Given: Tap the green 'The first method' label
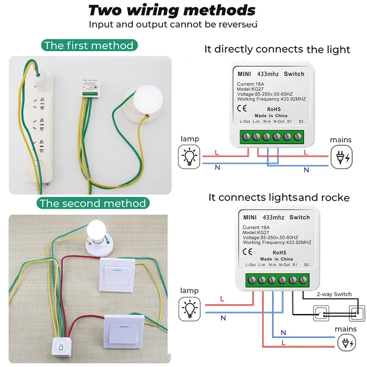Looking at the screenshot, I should pyautogui.click(x=88, y=46).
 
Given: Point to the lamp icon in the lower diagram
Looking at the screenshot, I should pyautogui.click(x=189, y=308).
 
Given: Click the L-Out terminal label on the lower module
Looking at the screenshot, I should pyautogui.click(x=250, y=265).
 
